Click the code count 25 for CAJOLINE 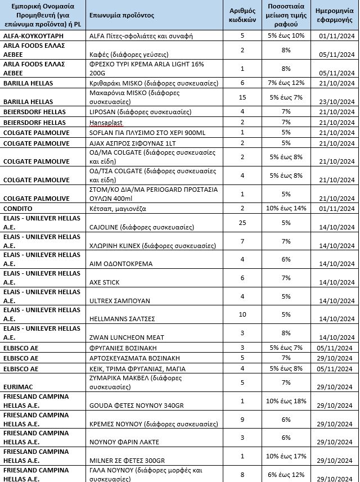[x=242, y=223]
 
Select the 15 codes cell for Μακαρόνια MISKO [x=242, y=97]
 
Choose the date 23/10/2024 [x=335, y=102]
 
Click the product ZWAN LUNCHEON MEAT [x=127, y=337]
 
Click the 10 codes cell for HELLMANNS [x=242, y=314]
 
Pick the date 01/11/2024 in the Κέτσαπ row [x=335, y=208]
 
